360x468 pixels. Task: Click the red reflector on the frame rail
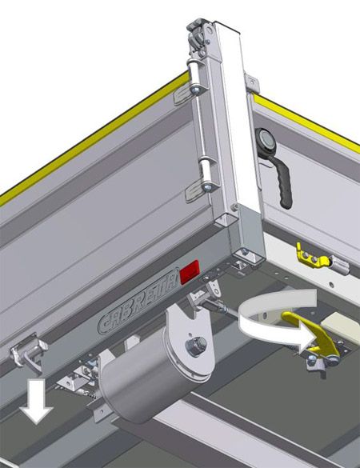point(190,272)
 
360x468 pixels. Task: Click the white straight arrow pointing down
point(37,401)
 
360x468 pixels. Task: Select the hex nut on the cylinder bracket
point(196,346)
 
